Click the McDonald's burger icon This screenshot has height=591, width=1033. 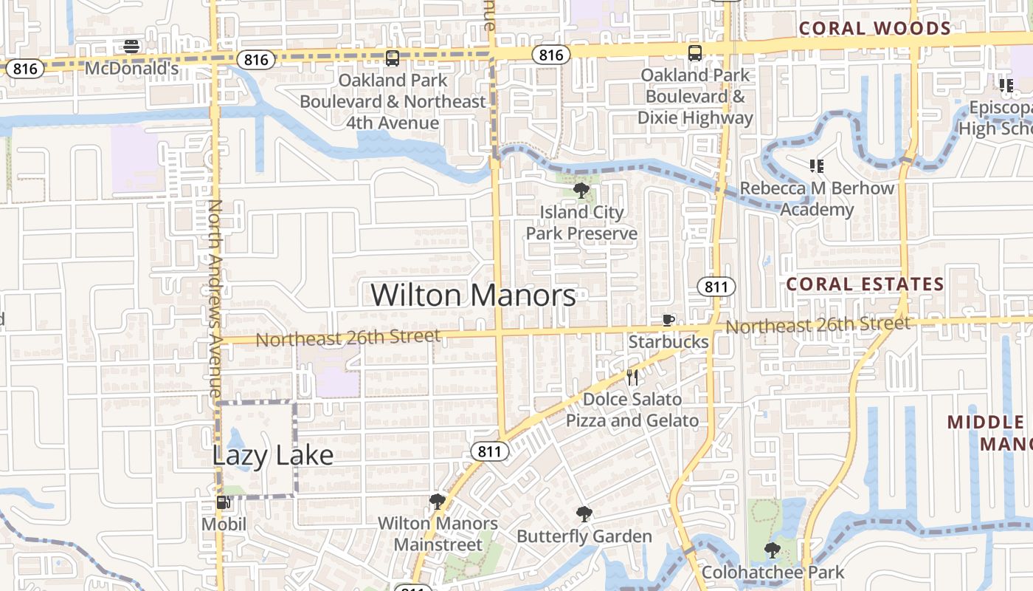click(132, 47)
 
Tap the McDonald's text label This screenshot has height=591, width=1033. click(132, 69)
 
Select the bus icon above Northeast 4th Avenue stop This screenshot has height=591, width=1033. click(393, 58)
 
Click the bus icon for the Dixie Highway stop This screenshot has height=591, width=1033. click(695, 53)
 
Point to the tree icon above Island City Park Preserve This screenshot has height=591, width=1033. click(581, 191)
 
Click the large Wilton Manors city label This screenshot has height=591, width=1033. click(473, 295)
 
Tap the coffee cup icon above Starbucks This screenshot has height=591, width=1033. click(668, 320)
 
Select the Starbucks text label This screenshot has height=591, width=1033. click(668, 342)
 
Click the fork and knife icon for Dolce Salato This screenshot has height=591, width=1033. click(632, 378)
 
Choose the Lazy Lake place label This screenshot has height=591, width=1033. click(273, 455)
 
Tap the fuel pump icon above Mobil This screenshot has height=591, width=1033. click(223, 503)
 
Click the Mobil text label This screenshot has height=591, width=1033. click(224, 525)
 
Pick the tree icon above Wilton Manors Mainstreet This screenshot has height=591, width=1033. click(438, 502)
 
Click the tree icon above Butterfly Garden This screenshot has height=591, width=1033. click(584, 514)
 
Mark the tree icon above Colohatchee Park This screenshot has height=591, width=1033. click(773, 550)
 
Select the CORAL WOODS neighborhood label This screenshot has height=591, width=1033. click(875, 29)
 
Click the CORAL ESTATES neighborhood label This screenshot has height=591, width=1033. click(865, 284)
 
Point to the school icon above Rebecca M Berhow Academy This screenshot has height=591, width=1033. click(817, 166)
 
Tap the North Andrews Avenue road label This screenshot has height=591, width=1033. click(215, 298)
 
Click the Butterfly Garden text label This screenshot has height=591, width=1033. click(584, 536)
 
